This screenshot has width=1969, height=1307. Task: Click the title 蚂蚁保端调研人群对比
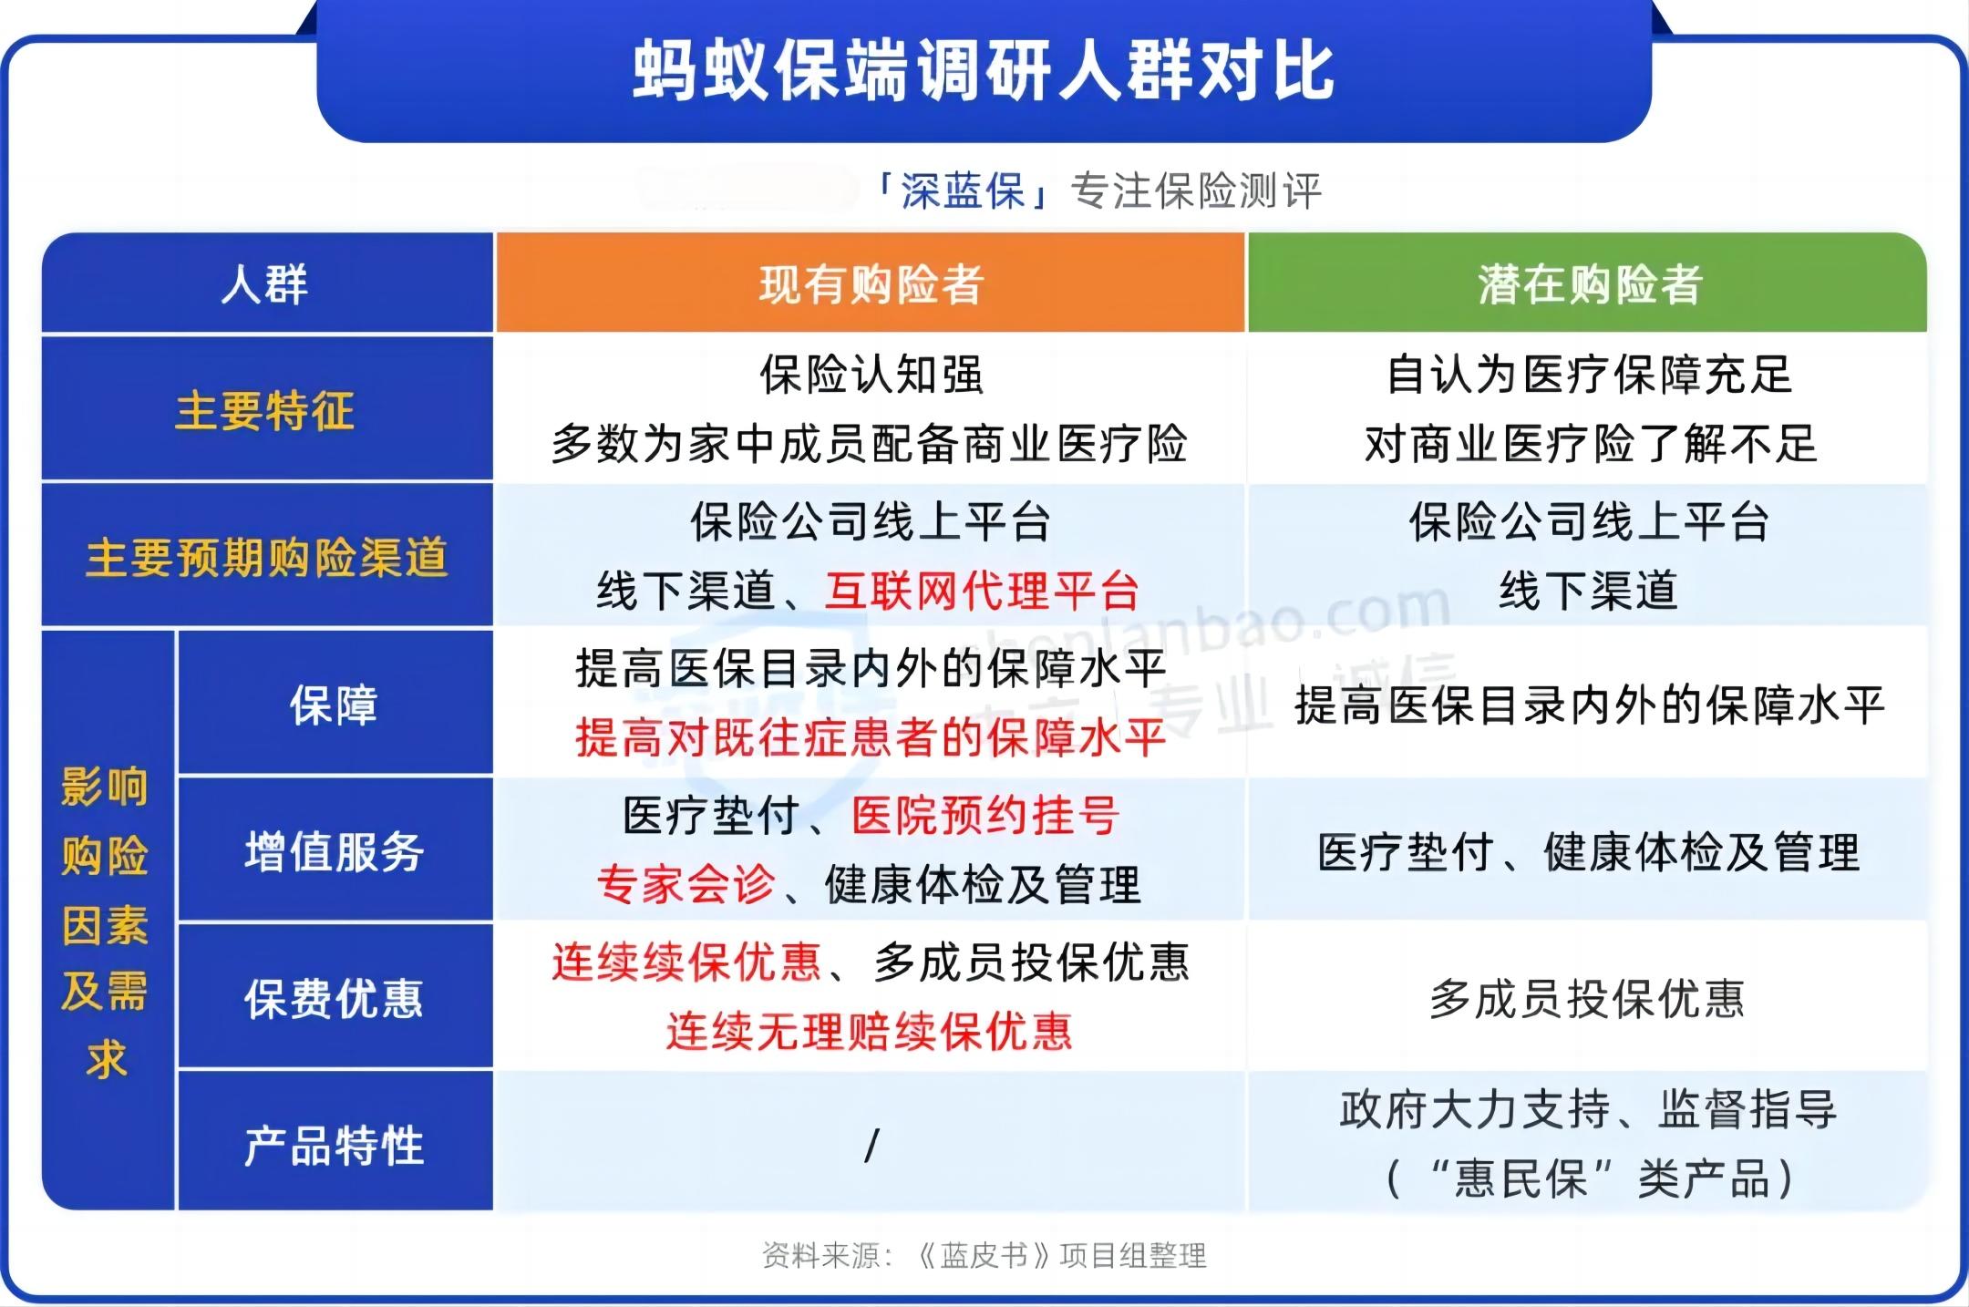pos(984,71)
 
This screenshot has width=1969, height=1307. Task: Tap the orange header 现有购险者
pos(871,284)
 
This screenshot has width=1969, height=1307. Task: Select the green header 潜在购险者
pos(1590,284)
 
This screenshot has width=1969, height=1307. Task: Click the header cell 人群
pos(265,284)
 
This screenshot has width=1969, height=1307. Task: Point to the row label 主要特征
pos(265,410)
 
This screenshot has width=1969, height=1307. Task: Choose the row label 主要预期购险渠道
pos(267,557)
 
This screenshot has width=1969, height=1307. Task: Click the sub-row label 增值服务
pos(335,851)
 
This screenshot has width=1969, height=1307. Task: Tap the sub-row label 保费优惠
pos(335,998)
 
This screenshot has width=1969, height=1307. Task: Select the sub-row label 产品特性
pos(335,1146)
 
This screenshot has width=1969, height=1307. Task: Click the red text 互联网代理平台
pos(983,591)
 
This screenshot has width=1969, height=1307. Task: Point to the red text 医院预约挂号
pos(985,815)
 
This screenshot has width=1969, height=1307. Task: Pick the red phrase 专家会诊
pos(686,884)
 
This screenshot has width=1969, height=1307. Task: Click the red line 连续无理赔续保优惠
pos(870,1031)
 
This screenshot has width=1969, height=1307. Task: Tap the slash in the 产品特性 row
pos(872,1146)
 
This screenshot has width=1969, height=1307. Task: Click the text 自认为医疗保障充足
pos(1590,375)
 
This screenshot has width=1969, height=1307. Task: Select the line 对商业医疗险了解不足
pos(1590,444)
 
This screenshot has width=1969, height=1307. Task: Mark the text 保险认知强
pos(872,375)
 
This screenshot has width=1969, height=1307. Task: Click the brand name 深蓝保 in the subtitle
pos(964,191)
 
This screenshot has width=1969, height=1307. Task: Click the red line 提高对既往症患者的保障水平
pos(871,737)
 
